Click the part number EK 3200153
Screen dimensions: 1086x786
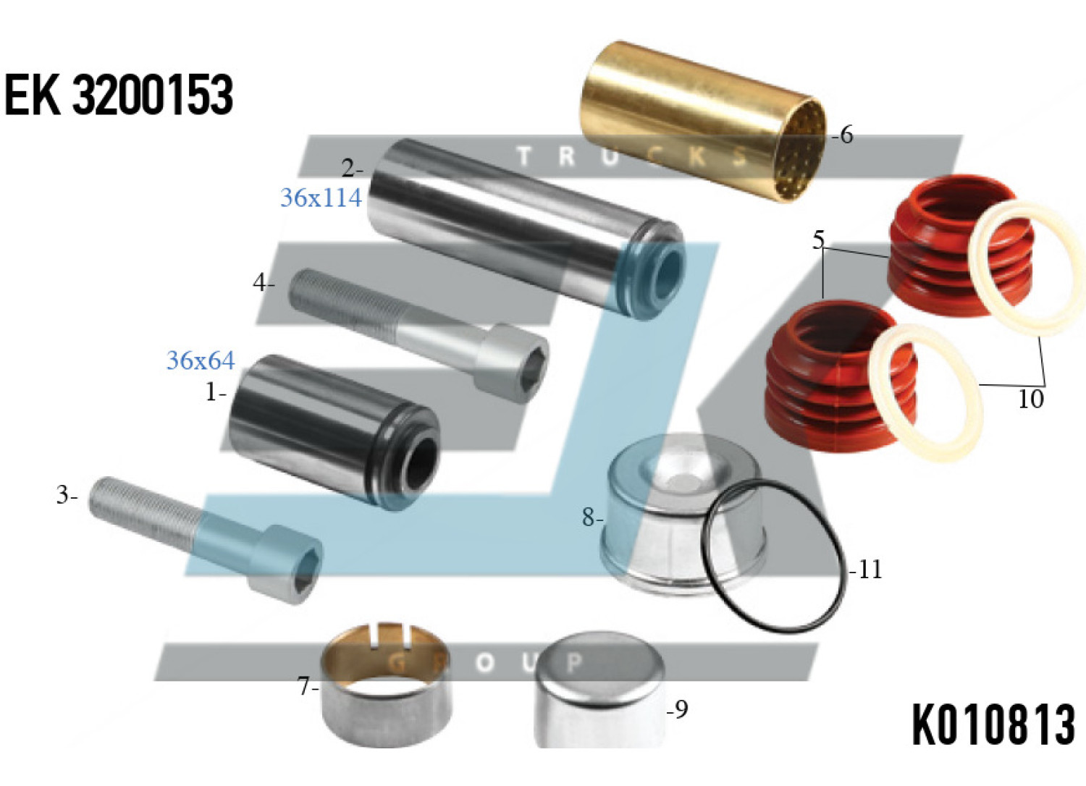tap(119, 95)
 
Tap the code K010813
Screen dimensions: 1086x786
tap(994, 725)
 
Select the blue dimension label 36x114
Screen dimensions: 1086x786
tap(321, 198)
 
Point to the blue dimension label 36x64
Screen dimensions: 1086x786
tap(201, 360)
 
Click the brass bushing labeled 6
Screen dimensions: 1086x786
tap(703, 122)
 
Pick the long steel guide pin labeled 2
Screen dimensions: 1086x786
tap(526, 229)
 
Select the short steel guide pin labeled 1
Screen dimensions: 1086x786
tap(334, 432)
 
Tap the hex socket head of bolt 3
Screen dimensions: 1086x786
tap(287, 565)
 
